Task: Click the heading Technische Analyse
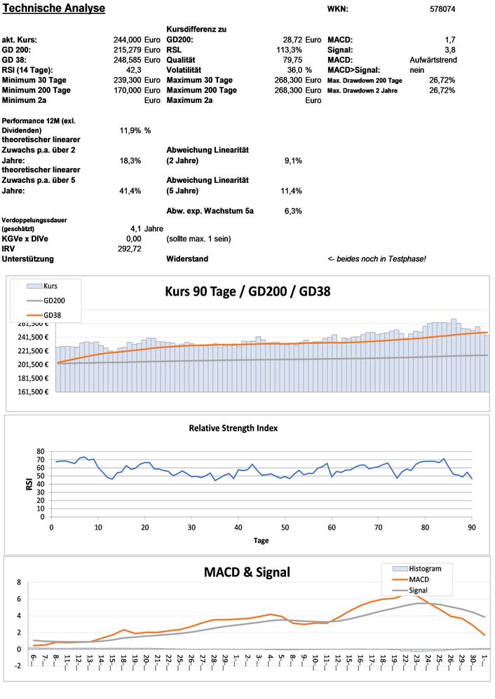point(54,8)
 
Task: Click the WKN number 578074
point(442,9)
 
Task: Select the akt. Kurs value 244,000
point(127,40)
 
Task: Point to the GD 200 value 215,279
point(127,50)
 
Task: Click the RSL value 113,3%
point(289,50)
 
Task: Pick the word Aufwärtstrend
point(433,60)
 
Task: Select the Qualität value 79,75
point(291,60)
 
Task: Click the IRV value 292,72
point(130,249)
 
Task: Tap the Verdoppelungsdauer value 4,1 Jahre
point(147,228)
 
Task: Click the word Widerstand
point(187,259)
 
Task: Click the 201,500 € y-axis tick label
point(31,364)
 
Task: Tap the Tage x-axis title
point(261,540)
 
